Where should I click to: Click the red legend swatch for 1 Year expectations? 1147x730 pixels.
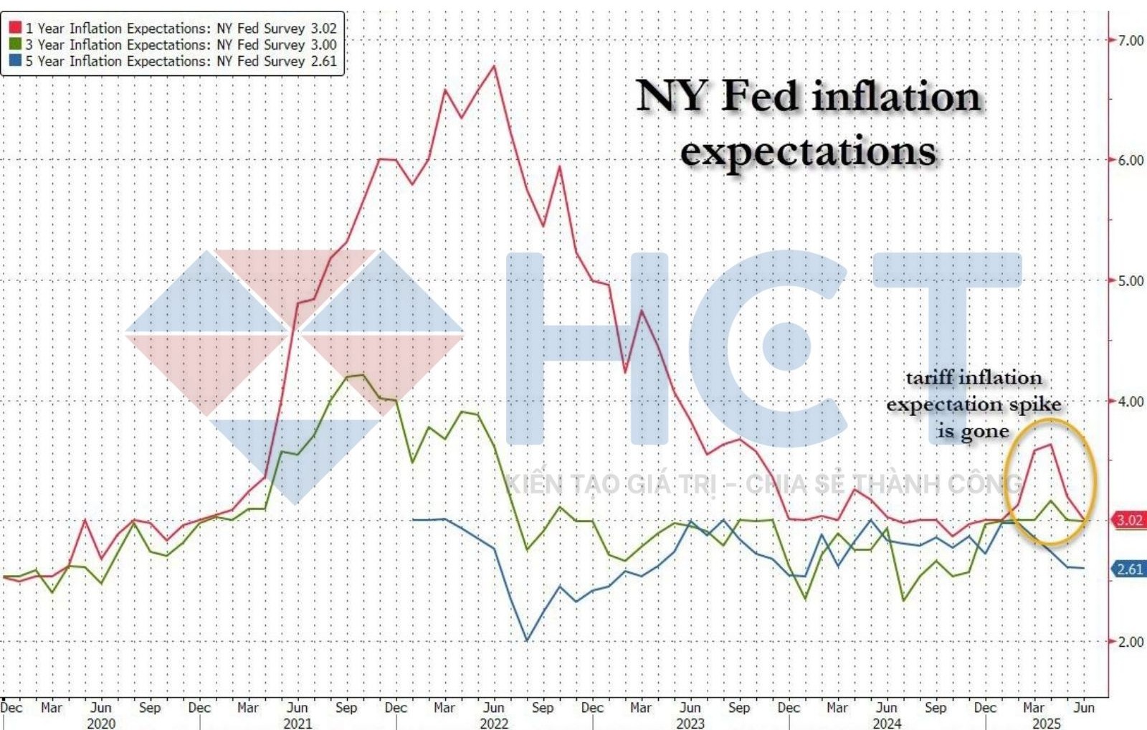pos(15,28)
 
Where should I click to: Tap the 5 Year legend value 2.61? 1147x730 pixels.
pos(324,61)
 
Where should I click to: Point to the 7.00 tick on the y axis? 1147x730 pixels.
pos(1131,40)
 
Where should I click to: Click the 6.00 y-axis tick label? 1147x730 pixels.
pos(1131,160)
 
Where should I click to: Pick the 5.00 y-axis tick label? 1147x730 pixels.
pos(1131,280)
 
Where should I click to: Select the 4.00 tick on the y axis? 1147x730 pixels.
pos(1131,401)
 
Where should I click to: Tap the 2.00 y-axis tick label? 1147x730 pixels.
pos(1131,641)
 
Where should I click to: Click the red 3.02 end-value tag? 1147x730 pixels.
pos(1129,520)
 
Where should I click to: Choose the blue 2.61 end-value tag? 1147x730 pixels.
pos(1129,569)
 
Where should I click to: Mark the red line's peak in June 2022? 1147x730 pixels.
pos(494,66)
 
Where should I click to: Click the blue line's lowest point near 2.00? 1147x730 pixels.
pos(527,640)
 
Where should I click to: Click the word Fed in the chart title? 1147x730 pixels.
pos(759,96)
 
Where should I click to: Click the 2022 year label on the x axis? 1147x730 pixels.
pos(494,723)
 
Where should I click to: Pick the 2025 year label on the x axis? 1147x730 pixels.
pos(1046,723)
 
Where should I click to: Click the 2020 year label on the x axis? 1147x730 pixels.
pos(101,723)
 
